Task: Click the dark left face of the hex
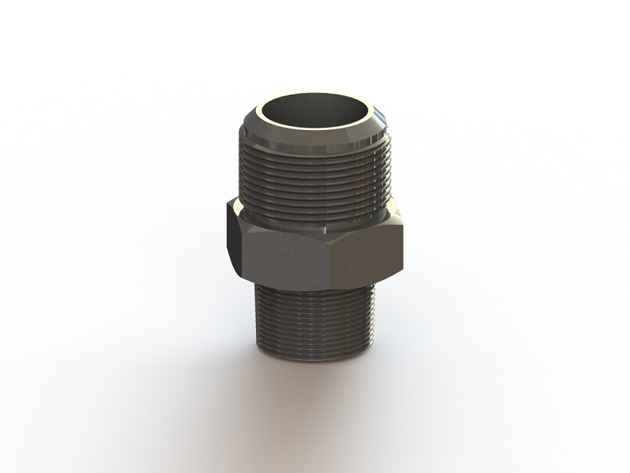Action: coord(235,236)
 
